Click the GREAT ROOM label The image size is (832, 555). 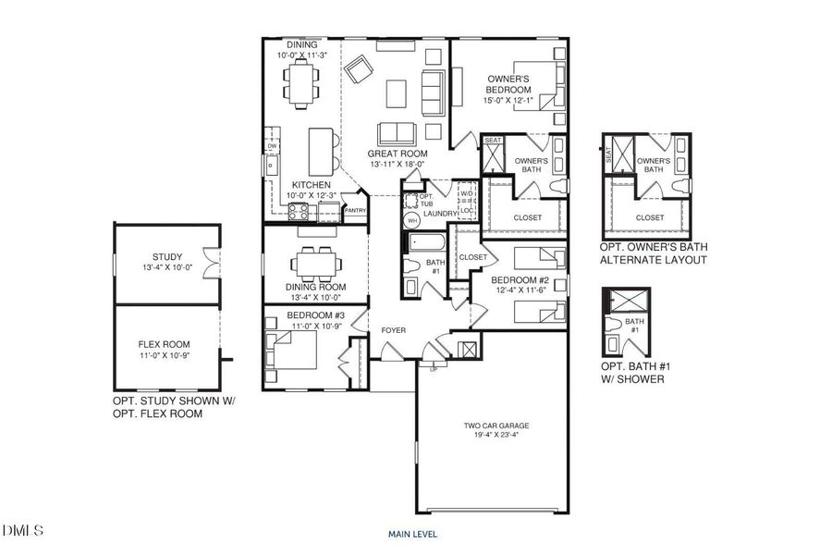[396, 154]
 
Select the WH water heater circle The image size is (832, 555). [412, 220]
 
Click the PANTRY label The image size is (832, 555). [355, 210]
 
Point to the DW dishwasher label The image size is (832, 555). [272, 146]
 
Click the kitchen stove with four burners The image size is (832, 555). [301, 211]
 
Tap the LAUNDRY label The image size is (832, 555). [441, 214]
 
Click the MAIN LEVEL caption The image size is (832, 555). [412, 534]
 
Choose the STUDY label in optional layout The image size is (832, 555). [167, 257]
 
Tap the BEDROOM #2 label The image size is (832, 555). [520, 280]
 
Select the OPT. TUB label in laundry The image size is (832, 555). [426, 200]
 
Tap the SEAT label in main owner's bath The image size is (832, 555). [493, 141]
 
